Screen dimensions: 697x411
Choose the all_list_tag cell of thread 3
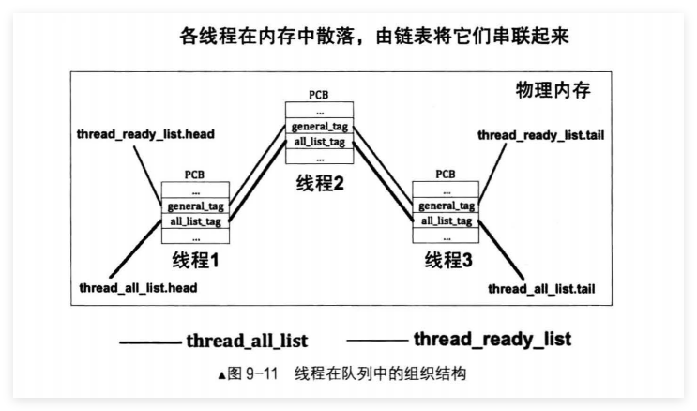tap(445, 221)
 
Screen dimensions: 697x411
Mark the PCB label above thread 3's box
tap(446, 175)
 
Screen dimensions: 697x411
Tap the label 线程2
tap(318, 182)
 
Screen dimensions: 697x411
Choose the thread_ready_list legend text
tap(492, 338)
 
